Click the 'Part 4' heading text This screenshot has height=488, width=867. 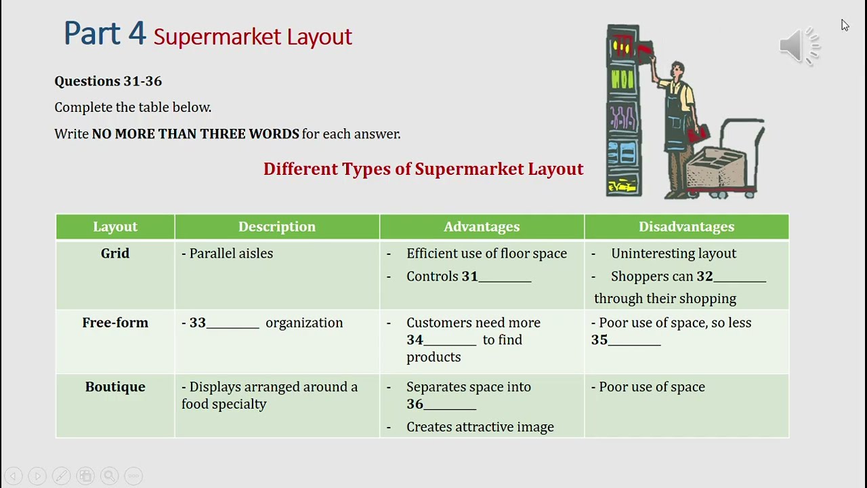(104, 33)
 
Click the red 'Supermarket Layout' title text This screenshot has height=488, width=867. (253, 37)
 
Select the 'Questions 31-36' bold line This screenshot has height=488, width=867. (108, 81)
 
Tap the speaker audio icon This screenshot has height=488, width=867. (799, 46)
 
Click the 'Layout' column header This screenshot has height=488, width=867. (115, 227)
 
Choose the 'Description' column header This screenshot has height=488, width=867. (277, 227)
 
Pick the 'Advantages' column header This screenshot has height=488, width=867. (482, 227)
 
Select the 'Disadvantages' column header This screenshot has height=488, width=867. (686, 227)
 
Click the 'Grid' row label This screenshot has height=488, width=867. (115, 253)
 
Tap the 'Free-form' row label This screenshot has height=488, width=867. (115, 323)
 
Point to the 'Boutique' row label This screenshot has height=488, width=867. (115, 387)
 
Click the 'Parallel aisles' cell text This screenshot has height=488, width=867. (231, 253)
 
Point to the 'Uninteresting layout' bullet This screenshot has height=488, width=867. (673, 253)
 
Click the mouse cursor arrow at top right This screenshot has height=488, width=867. (845, 25)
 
